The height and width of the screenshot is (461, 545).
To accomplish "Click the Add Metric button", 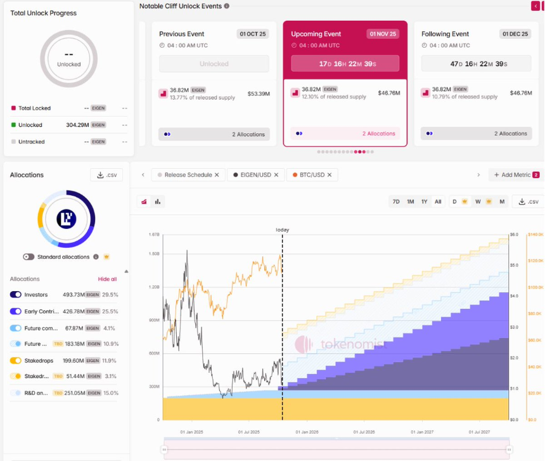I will click(x=515, y=175).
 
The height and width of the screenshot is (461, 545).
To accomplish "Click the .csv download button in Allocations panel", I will click(x=106, y=175).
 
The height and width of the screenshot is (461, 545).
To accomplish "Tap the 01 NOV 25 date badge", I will click(x=383, y=34).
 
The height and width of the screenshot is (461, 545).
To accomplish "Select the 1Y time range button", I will click(x=424, y=202).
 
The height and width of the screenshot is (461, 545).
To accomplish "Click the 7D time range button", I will click(x=396, y=202).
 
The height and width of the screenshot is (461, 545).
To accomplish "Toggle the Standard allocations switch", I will click(x=29, y=257).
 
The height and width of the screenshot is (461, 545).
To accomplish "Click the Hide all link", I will click(x=107, y=279).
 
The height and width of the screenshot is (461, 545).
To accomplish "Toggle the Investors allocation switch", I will click(x=16, y=295).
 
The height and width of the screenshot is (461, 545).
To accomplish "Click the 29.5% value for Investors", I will click(x=110, y=295).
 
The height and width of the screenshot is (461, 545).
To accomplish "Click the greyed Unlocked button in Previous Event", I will click(x=214, y=64).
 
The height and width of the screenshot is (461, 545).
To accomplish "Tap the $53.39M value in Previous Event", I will click(x=258, y=93).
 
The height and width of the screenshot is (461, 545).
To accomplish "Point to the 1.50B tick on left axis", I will click(x=154, y=254).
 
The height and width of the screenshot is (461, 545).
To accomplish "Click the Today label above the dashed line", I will click(x=282, y=230).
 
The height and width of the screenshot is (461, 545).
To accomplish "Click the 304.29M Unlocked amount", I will click(x=77, y=125).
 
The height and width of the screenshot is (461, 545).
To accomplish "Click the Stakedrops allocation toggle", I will click(x=16, y=361).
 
